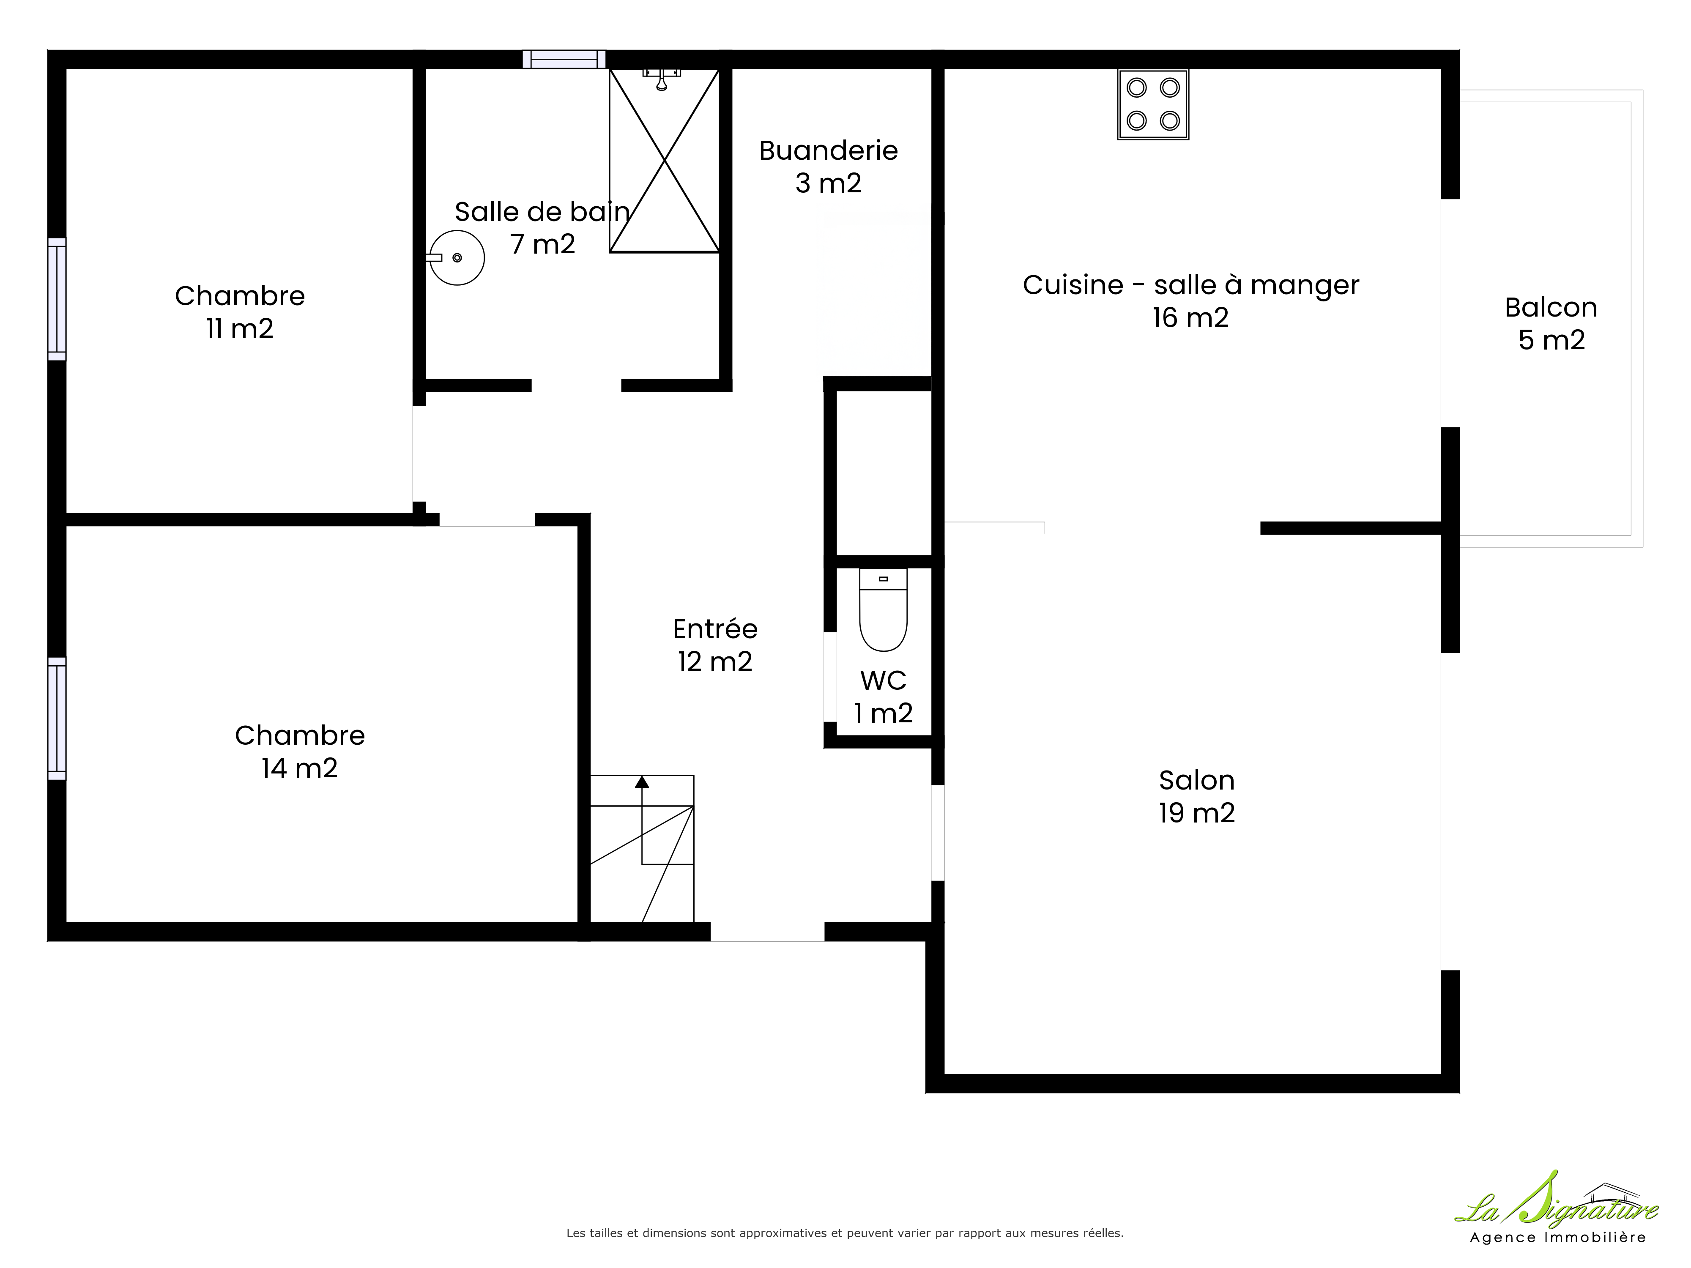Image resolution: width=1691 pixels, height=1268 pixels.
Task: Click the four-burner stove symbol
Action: click(1153, 105)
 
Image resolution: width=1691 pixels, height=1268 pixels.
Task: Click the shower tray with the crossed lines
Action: click(664, 161)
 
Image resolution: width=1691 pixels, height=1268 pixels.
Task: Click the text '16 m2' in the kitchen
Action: click(1191, 317)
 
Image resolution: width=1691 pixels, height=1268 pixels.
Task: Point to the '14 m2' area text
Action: click(300, 768)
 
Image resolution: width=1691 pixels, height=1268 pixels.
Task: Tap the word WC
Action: click(883, 680)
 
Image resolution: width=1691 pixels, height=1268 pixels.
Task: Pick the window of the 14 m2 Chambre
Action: click(57, 719)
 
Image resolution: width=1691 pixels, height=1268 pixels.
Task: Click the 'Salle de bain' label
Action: click(542, 212)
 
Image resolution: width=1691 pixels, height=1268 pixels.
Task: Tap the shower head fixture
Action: click(662, 78)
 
